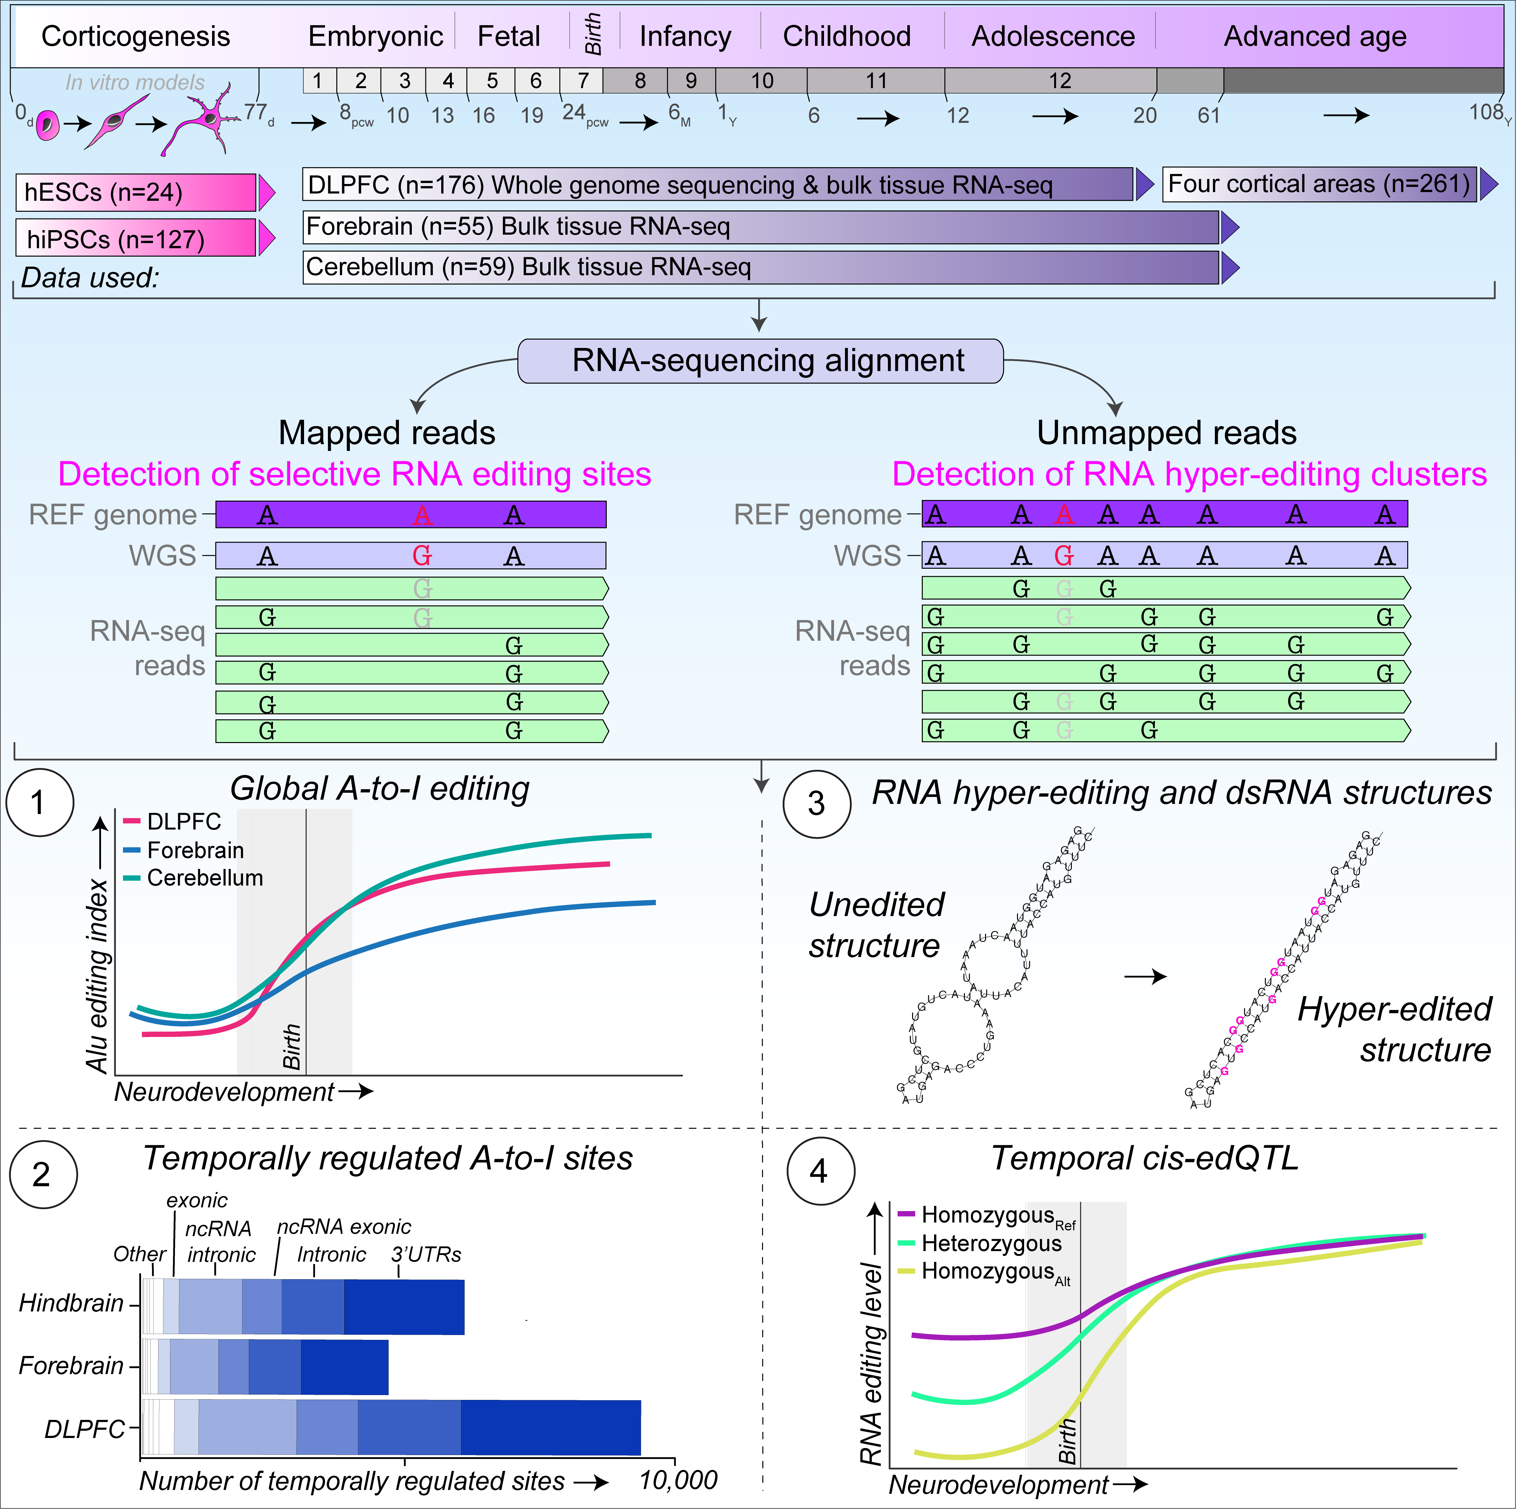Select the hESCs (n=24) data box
pos(136,192)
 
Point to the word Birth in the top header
pos(593,35)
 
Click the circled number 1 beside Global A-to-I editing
pos(39,803)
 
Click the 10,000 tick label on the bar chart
pos(678,1480)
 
